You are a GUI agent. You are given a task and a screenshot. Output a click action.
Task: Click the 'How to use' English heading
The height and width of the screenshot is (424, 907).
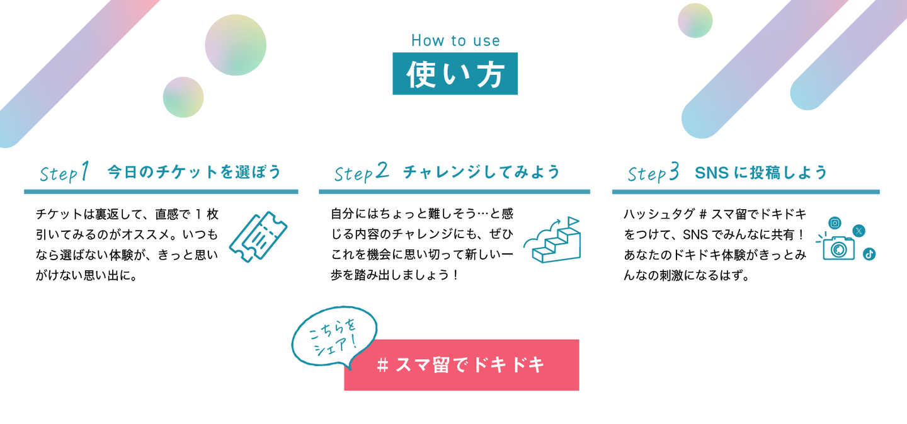pyautogui.click(x=455, y=40)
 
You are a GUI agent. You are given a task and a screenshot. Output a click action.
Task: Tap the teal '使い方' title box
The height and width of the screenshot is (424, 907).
pyautogui.click(x=455, y=74)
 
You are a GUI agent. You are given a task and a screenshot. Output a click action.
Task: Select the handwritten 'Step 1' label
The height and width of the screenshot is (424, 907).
pyautogui.click(x=64, y=172)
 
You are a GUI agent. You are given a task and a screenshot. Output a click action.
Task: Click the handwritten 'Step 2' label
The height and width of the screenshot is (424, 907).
pyautogui.click(x=361, y=172)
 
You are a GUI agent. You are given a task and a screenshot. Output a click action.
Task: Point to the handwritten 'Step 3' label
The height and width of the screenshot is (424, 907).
pyautogui.click(x=653, y=173)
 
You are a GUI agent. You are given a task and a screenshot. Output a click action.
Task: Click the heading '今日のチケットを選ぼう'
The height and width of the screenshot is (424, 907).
pyautogui.click(x=195, y=172)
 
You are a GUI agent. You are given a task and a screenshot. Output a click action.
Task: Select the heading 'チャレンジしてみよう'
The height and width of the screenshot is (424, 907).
pyautogui.click(x=481, y=172)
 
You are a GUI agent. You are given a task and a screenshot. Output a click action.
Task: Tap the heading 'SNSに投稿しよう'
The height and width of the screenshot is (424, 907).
pyautogui.click(x=761, y=173)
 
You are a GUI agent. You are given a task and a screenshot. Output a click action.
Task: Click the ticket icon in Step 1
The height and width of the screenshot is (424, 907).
pyautogui.click(x=258, y=237)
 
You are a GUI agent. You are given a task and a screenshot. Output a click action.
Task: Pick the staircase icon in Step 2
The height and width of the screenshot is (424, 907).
pyautogui.click(x=553, y=240)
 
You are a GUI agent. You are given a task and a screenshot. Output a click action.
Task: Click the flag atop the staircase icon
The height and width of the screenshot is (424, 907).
pyautogui.click(x=573, y=222)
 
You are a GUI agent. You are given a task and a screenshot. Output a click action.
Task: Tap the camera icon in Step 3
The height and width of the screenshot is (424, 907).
pyautogui.click(x=838, y=248)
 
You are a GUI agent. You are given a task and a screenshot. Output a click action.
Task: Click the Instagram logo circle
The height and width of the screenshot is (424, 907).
pyautogui.click(x=835, y=223)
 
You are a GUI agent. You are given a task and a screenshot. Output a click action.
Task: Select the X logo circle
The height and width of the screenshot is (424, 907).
pyautogui.click(x=859, y=231)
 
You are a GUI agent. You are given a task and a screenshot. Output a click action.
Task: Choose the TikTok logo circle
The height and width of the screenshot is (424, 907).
pyautogui.click(x=869, y=255)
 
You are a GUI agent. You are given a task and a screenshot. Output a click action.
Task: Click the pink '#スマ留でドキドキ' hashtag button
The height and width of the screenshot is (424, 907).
pyautogui.click(x=462, y=365)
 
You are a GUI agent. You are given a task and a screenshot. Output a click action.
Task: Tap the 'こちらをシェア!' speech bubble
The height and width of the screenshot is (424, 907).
pyautogui.click(x=334, y=337)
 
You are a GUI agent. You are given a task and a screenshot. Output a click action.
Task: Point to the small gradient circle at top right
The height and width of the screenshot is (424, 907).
pyautogui.click(x=695, y=21)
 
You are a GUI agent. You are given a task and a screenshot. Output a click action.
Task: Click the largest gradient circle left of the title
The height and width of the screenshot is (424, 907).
pyautogui.click(x=236, y=45)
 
